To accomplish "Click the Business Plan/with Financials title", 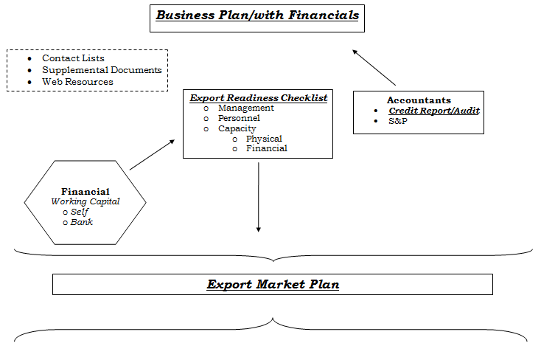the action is [257, 15].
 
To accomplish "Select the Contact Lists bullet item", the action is [73, 58].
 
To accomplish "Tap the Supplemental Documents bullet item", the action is [102, 70].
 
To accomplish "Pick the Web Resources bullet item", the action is [77, 82].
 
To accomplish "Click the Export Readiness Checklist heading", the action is [259, 98].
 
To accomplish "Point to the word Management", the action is [246, 108].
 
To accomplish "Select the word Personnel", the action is [239, 118].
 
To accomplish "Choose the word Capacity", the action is [237, 129].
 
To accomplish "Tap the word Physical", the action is [264, 139].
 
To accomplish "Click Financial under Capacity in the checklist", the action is [266, 148].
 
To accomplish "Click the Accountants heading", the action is [419, 100].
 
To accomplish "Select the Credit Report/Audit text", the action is [434, 111].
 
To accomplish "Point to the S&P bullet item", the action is [398, 121].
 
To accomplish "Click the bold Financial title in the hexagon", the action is [85, 191].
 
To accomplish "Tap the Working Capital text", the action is [85, 201].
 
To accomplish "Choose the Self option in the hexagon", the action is [80, 212].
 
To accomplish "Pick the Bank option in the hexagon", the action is [81, 222].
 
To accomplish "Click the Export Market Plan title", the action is [273, 284].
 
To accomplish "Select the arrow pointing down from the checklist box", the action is [259, 197].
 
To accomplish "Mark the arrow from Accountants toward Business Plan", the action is [374, 67].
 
